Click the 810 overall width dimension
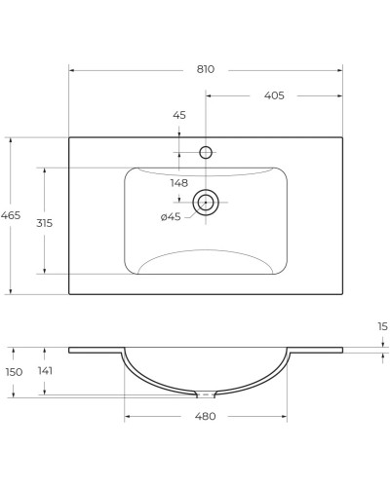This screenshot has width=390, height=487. point(205,69)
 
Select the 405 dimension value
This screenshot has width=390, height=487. point(274,95)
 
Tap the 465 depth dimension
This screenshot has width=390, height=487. point(11,215)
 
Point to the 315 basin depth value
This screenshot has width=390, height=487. point(44,222)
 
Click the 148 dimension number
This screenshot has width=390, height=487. point(179,183)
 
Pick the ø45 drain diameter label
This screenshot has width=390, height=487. point(171,216)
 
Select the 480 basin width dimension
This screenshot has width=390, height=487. point(205,416)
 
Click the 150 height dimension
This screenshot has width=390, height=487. point(13,371)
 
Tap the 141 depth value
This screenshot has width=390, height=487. point(44,371)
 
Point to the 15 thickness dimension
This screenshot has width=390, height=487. point(382,326)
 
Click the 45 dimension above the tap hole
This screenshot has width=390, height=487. point(179,116)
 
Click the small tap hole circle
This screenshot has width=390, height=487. point(206,152)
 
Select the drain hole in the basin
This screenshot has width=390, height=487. point(206,203)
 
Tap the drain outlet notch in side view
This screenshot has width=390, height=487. point(206,394)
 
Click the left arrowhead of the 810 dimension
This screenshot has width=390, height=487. point(71,69)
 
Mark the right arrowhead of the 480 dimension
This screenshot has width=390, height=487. point(285,416)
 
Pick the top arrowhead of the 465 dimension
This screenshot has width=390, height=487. point(11,139)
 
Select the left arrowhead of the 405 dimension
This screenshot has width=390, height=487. point(209,95)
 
